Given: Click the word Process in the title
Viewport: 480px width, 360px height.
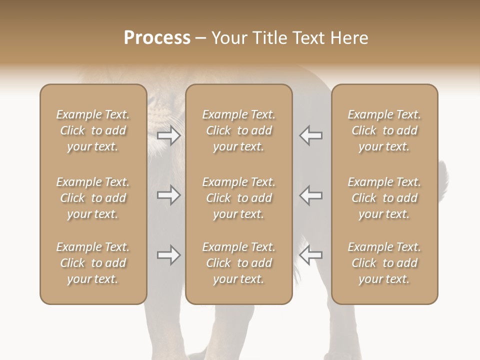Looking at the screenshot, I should coord(157,38).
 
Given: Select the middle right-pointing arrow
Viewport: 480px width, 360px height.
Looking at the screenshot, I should coord(169,195).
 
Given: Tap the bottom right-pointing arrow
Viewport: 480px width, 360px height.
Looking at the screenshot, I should coord(169,255).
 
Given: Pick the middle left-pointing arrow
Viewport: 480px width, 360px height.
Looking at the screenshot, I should coord(311,195).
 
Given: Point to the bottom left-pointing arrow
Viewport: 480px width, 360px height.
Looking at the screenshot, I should coord(311,255).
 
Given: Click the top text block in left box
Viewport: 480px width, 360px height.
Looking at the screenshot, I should coord(93,130).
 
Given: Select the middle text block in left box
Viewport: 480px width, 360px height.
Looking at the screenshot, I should coord(93,198).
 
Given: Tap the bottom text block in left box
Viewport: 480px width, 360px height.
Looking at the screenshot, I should coord(93,263).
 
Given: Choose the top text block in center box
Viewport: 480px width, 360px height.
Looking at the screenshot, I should coord(238,130).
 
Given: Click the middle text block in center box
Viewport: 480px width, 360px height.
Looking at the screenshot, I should coord(238,198).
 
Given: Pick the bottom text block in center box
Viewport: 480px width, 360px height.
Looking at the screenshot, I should coord(238,263).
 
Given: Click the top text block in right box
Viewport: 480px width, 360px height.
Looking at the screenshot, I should coord(384,130).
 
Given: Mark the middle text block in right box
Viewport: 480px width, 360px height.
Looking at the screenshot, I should coord(384,198).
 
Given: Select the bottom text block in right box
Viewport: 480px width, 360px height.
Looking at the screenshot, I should coord(384,263).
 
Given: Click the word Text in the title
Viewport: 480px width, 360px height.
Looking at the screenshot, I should coord(307,38).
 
